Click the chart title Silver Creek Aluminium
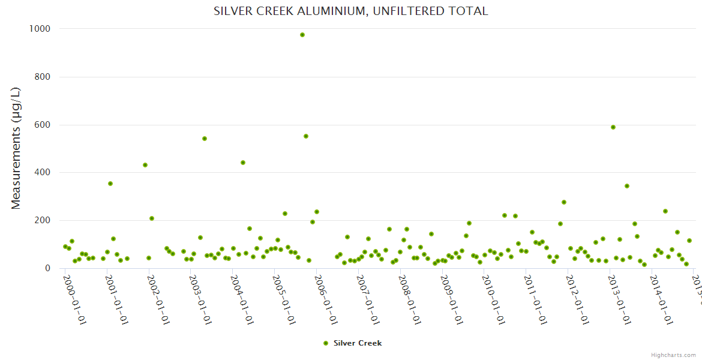350,11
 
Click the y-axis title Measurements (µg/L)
16,148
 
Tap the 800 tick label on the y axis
43,77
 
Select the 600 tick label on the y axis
43,125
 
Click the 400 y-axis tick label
43,172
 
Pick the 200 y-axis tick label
43,220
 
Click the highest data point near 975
302,35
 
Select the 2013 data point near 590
613,127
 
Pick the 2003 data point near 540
205,139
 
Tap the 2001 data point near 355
110,184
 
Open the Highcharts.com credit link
673,355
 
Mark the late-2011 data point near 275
564,202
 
